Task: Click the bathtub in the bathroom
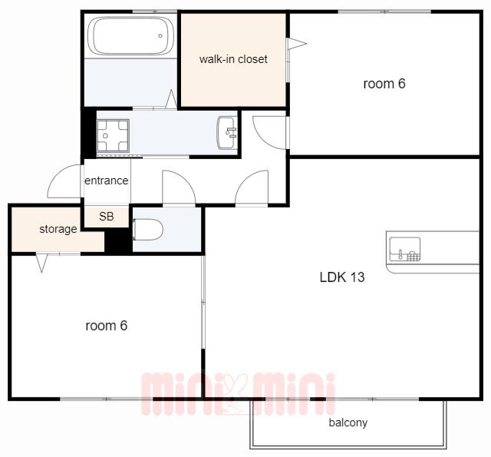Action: [130, 36]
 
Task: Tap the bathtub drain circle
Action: [160, 36]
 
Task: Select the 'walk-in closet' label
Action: [233, 59]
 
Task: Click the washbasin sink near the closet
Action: [227, 133]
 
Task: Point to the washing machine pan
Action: [113, 136]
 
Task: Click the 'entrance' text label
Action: [107, 180]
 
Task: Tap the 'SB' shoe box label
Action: [106, 217]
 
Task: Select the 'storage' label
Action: [58, 229]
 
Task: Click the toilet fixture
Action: [148, 230]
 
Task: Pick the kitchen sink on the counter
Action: [404, 249]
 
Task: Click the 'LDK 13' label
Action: [342, 277]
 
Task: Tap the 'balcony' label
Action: [348, 422]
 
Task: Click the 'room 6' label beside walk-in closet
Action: [384, 84]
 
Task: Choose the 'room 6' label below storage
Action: [107, 326]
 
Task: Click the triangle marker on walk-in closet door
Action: [297, 44]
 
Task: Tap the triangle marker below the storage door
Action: [41, 263]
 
